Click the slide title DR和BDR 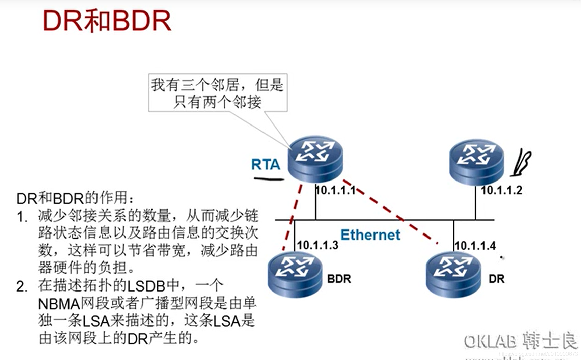click(x=107, y=21)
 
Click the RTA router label click(x=266, y=165)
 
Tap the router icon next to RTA click(x=315, y=159)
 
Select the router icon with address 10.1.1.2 click(x=476, y=162)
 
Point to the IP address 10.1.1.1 click(x=336, y=190)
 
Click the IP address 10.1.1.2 click(x=501, y=190)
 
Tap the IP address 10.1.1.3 click(x=317, y=245)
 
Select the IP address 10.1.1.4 click(x=475, y=246)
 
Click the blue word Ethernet click(x=370, y=235)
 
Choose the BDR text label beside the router click(x=339, y=279)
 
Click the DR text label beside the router click(x=497, y=279)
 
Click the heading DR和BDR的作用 click(x=75, y=198)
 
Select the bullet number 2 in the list click(x=22, y=287)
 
